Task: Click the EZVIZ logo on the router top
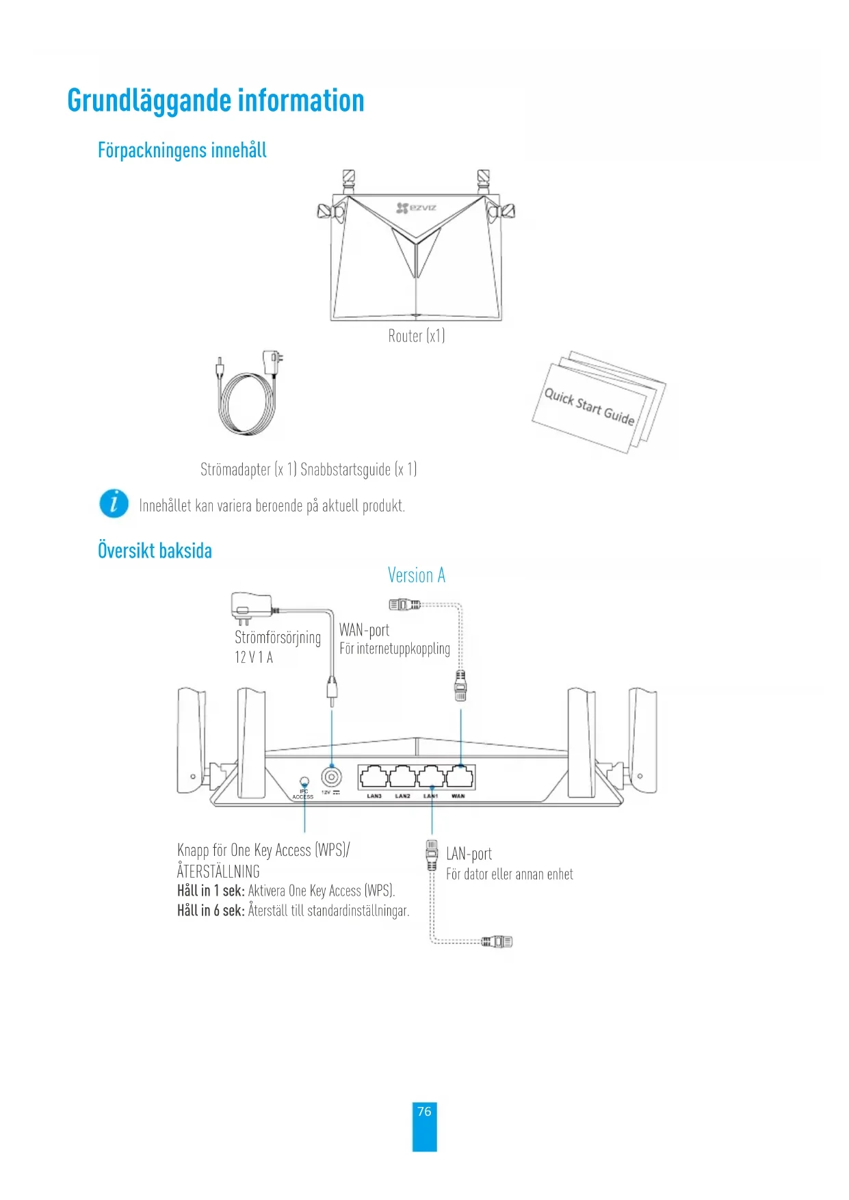coord(417,207)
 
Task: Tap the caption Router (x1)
coord(416,336)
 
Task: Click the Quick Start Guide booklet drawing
coord(595,404)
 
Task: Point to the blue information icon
coord(114,504)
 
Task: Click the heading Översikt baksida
coord(155,551)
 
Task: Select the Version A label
coord(416,575)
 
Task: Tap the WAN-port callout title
coord(364,630)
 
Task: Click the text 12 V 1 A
coord(254,657)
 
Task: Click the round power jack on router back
coord(332,777)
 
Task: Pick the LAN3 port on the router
coord(374,777)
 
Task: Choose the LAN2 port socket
coord(402,777)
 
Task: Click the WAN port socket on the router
coord(459,777)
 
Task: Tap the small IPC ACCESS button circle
coord(304,781)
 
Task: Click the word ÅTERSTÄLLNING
coord(218,872)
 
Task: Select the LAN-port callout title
coord(469,854)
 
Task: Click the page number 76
coord(424,1112)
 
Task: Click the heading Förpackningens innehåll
coord(182,151)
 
